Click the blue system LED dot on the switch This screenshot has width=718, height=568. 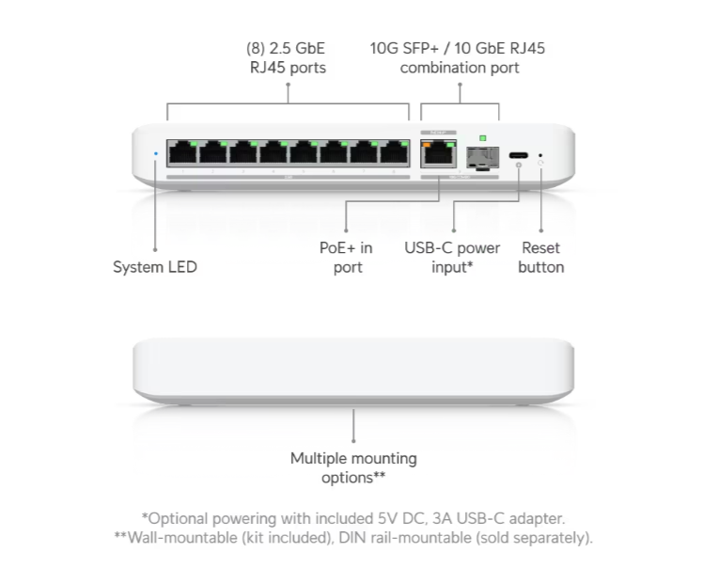(x=156, y=153)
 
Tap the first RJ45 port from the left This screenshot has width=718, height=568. (x=182, y=152)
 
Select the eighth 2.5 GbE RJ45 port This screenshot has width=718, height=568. (x=394, y=152)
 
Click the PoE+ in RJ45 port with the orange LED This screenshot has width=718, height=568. (x=438, y=153)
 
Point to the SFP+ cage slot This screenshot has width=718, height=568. (x=483, y=158)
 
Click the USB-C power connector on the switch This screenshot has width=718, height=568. (x=519, y=155)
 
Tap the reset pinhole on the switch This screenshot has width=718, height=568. (x=540, y=155)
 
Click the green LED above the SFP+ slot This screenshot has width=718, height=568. (x=483, y=138)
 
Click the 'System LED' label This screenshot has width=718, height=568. (x=155, y=266)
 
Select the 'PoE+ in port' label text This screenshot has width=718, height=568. (x=347, y=258)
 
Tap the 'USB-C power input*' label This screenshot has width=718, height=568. (x=452, y=258)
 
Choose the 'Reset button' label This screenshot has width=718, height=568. (x=540, y=258)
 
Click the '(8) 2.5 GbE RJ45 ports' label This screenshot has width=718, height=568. (x=287, y=57)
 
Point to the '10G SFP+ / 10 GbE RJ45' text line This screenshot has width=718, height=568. (x=458, y=48)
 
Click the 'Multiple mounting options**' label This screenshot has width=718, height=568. (x=353, y=467)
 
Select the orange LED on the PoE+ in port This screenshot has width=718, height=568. (x=427, y=145)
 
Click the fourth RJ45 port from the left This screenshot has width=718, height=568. (x=273, y=152)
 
